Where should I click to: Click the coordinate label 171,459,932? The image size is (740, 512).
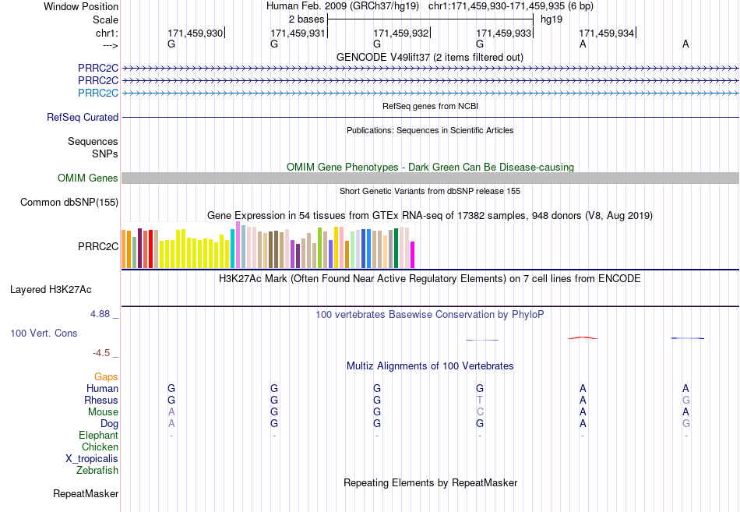coord(400,33)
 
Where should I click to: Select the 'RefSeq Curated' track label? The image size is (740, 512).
coord(83,117)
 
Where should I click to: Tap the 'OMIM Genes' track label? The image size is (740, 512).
coord(88,178)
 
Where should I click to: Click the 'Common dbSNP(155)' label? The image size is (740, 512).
coord(69,202)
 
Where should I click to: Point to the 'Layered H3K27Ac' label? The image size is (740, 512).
coord(51,290)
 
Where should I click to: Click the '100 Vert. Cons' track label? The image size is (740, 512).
coord(44,333)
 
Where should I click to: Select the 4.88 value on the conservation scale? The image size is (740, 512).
coord(100,314)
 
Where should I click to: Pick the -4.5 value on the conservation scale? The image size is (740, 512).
coord(101,353)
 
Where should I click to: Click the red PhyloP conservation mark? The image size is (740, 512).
coord(583,337)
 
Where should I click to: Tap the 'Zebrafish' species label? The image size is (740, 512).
coord(97,470)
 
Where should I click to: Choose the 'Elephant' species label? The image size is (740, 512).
coord(99,435)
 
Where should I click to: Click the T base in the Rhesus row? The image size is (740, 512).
coord(480,400)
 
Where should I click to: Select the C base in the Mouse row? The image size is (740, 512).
coord(480,412)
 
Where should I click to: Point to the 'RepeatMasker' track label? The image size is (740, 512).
coord(86,493)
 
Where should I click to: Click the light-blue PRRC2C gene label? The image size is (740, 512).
coord(98,93)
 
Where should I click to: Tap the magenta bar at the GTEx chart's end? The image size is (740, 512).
coord(413,255)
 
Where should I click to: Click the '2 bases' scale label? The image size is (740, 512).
coord(306,19)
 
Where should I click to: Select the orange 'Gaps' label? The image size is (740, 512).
coord(106,376)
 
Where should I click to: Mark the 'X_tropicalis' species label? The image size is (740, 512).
coord(92,459)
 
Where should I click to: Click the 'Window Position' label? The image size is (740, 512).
coord(81,6)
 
